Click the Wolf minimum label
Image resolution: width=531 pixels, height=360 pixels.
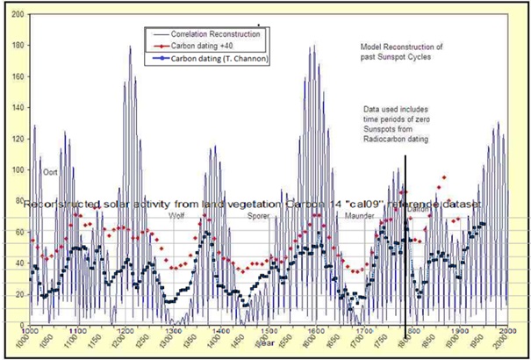point(176,214)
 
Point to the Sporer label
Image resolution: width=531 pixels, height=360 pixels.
point(258,215)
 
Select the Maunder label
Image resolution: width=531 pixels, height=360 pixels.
point(360,215)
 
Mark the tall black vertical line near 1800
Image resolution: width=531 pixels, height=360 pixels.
point(405,246)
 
